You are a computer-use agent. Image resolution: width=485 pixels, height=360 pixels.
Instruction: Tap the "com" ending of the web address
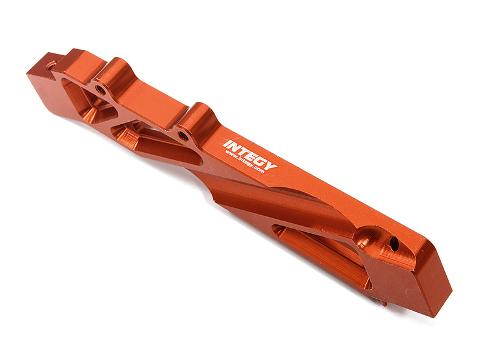click(260, 172)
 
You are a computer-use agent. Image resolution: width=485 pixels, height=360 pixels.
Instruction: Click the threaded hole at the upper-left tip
click(52, 63)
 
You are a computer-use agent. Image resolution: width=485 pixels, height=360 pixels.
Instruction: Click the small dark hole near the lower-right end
click(394, 243)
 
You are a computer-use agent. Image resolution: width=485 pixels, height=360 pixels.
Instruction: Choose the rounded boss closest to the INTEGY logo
click(197, 115)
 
